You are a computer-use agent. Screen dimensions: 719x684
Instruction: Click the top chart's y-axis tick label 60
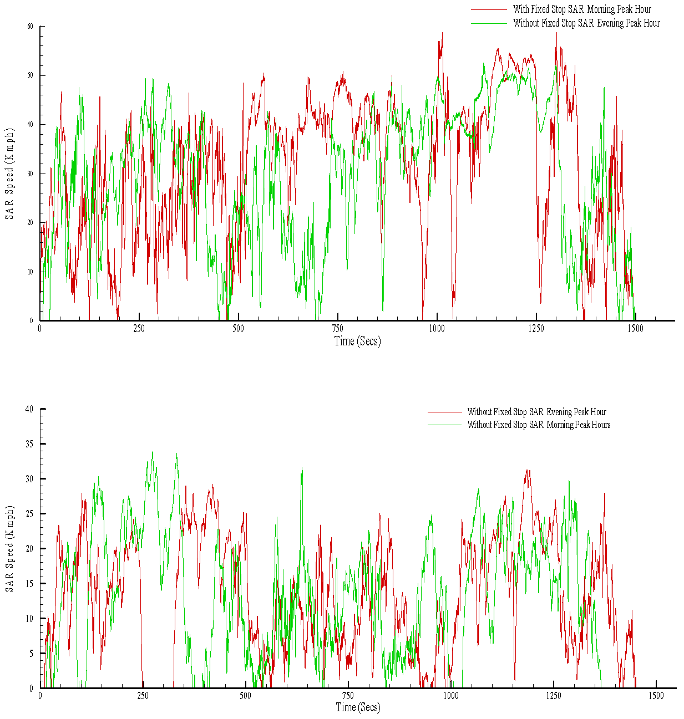[30, 27]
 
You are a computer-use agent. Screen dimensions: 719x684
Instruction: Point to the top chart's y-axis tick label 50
[30, 75]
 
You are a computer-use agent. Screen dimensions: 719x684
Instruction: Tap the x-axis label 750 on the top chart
[337, 329]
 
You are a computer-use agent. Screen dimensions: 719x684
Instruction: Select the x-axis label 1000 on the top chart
[437, 329]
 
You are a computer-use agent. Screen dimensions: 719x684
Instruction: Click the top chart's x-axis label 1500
[635, 329]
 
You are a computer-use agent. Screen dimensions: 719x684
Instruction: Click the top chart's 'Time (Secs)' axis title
[357, 341]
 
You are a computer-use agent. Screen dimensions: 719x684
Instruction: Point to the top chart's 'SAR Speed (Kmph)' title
[9, 174]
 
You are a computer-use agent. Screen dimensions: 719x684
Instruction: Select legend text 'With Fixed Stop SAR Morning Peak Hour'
[582, 9]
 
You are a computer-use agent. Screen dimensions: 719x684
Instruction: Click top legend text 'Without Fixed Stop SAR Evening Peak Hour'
[586, 23]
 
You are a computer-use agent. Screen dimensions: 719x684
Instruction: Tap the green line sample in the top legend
[489, 23]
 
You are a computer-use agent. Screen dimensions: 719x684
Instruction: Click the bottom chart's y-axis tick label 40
[29, 409]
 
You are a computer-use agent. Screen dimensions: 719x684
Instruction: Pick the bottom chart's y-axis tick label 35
[29, 444]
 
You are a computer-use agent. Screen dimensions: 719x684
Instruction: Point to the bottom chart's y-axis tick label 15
[29, 584]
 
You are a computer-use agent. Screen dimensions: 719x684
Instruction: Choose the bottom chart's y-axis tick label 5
[31, 654]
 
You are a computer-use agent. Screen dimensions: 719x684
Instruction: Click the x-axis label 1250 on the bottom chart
[553, 696]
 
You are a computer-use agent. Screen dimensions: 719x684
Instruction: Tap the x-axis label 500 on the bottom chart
[245, 696]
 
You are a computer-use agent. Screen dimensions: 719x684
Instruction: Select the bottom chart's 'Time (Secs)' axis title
[358, 707]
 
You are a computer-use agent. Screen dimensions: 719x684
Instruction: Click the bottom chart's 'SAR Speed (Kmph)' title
[9, 549]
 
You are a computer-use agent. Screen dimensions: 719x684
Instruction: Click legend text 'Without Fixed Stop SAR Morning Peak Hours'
[539, 425]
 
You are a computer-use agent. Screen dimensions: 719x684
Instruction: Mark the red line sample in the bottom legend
[444, 412]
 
